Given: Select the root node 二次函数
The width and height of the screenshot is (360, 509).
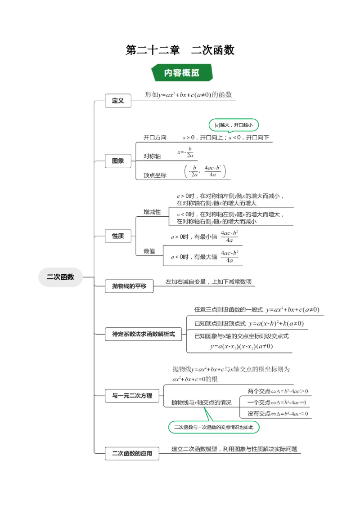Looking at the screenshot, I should coord(60,277).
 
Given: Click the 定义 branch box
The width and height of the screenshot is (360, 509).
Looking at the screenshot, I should coord(118,101).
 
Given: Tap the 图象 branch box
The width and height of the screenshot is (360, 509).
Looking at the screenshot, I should coord(118,161).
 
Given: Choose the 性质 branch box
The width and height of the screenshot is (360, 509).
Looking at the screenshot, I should coord(118,236).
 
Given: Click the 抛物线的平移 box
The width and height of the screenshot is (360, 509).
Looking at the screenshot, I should coord(129,286).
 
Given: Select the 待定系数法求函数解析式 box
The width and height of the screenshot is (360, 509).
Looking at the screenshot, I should coord(143,334).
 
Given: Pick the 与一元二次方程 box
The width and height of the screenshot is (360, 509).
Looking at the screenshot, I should coord(132,396).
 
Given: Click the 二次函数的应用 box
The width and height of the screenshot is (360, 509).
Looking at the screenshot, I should coord(132,453).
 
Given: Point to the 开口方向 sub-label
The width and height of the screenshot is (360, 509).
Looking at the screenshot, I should coord(155,138).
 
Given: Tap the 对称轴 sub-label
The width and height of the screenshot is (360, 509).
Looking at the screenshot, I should coord(152,156).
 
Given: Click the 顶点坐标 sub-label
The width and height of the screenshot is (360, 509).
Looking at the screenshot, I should coord(155,175).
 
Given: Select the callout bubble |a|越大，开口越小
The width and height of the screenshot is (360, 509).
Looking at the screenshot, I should coord(234,125).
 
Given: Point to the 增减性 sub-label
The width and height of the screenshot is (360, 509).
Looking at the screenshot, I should coord(152,212).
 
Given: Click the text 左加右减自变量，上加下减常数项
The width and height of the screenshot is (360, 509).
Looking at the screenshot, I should coord(208,282).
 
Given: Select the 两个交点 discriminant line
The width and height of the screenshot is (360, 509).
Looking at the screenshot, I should coord(277,391).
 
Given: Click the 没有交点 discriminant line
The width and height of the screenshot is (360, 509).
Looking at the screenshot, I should coord(277,414).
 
